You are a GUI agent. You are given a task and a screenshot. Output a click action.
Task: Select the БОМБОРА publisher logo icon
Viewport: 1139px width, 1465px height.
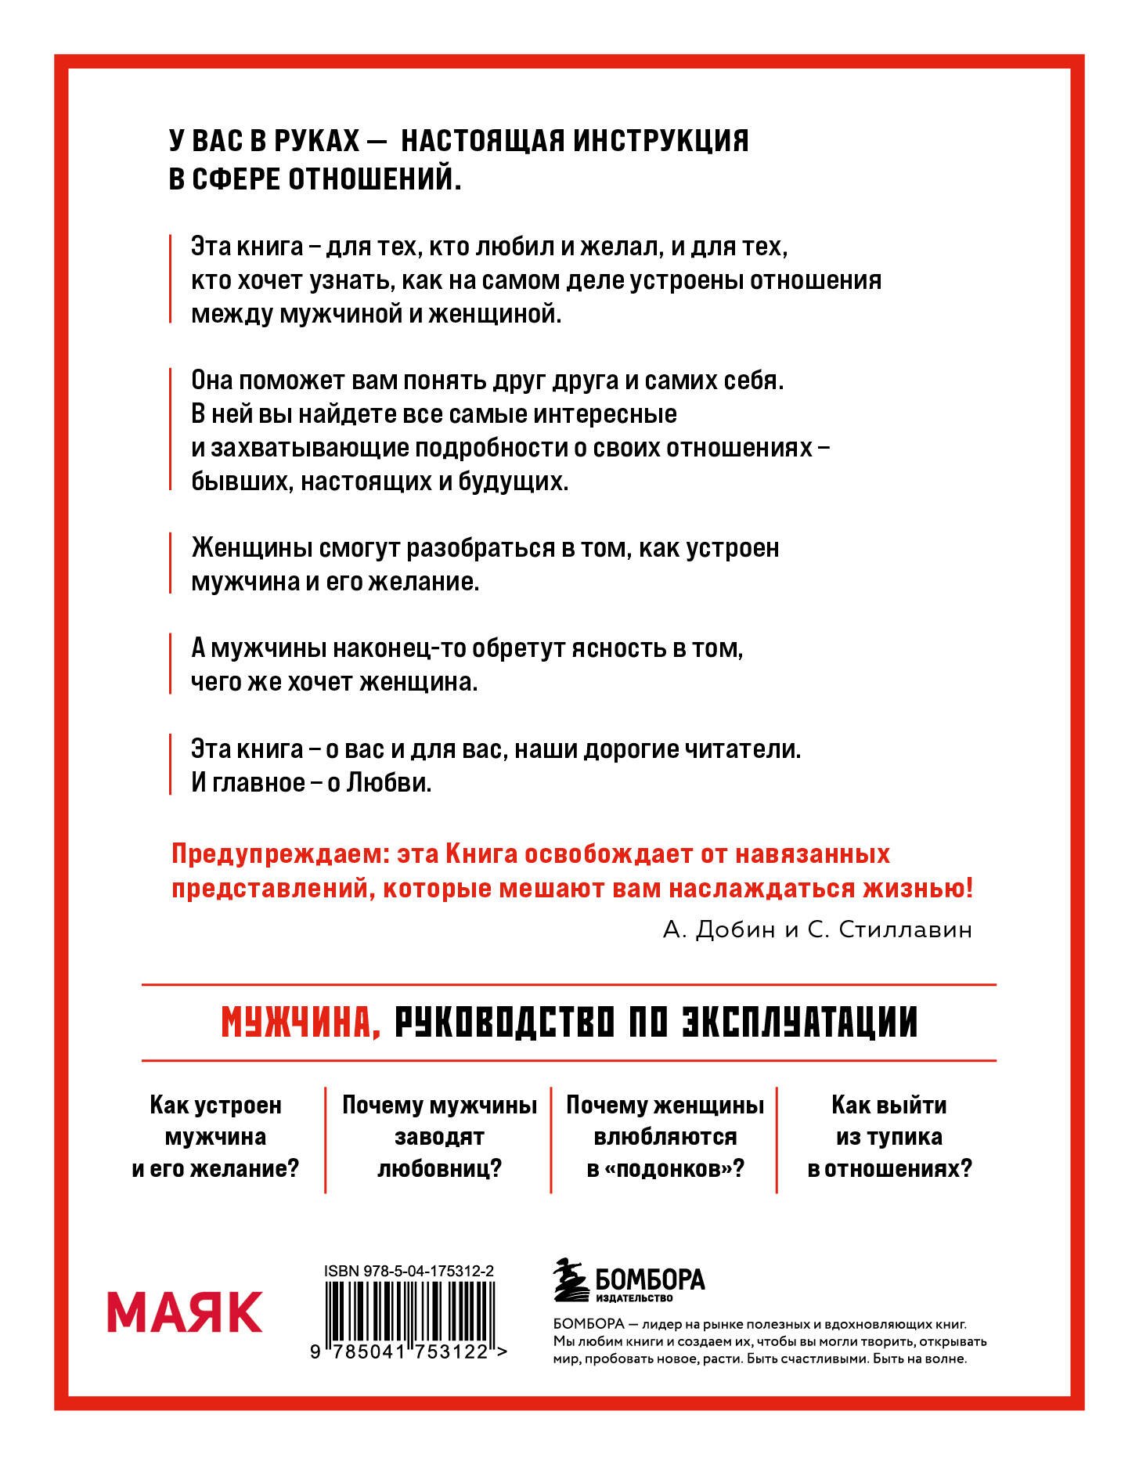[x=571, y=1281]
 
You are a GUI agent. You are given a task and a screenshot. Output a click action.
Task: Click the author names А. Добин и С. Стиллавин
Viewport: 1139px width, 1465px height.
[x=817, y=929]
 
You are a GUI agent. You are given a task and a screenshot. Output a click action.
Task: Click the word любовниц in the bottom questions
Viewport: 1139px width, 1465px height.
[x=439, y=1169]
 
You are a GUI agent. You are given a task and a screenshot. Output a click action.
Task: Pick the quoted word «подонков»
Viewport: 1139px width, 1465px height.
[x=665, y=1169]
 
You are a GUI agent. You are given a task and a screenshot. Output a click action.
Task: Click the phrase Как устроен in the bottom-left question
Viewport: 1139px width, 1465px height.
[x=215, y=1105]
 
